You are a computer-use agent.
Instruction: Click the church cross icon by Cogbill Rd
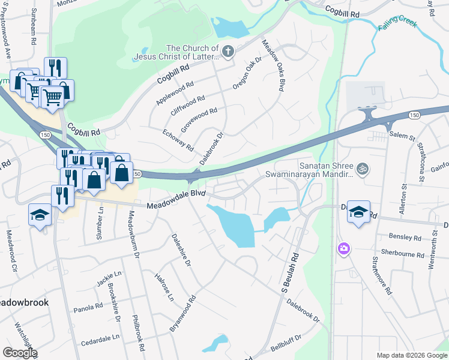228,52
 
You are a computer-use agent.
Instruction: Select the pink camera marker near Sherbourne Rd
343,248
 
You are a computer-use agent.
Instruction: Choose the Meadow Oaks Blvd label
272,65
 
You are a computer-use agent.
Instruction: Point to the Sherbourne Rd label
403,254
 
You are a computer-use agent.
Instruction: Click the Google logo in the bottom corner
19,353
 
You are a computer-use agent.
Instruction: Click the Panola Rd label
88,307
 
